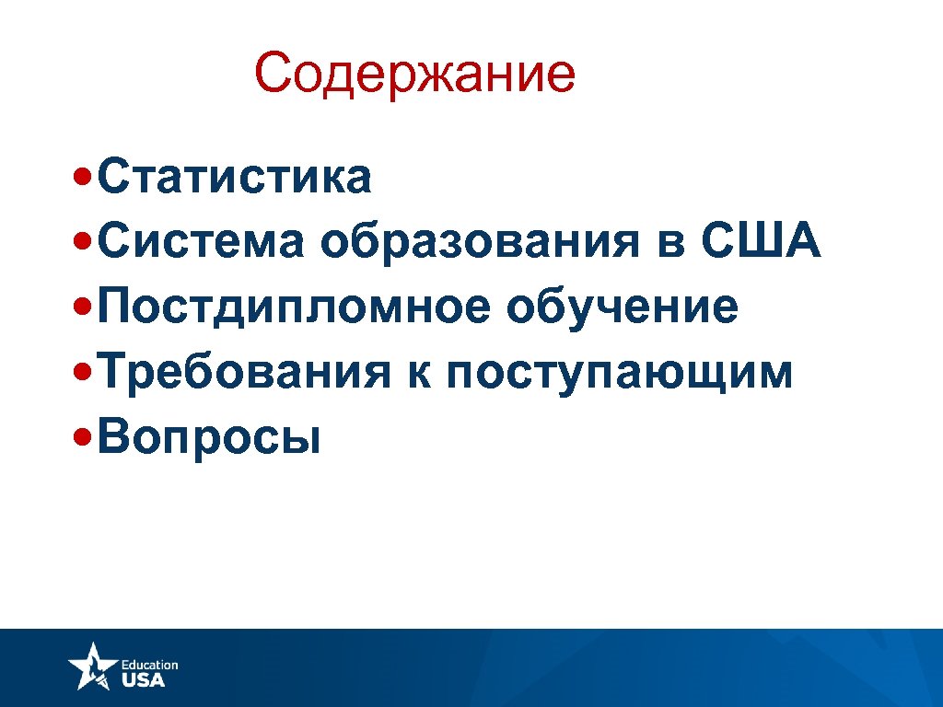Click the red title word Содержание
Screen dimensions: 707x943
coord(414,75)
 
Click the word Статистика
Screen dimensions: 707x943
coord(234,177)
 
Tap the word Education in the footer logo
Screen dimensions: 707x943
coord(149,665)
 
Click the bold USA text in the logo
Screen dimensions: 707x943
coord(144,680)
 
